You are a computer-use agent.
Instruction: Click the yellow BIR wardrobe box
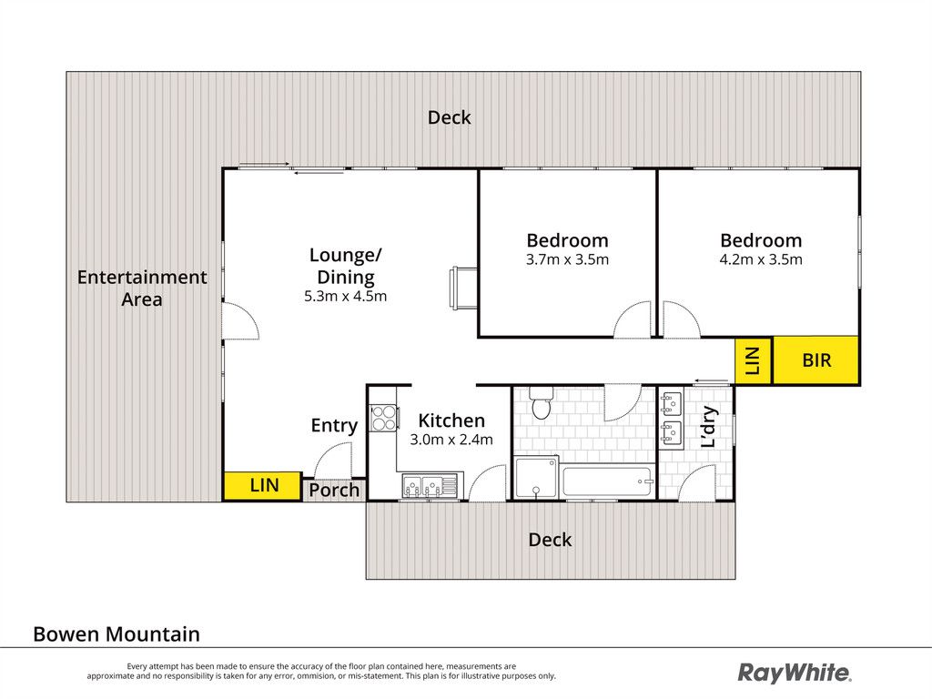pos(816,360)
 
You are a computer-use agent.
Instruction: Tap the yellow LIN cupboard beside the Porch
pos(262,486)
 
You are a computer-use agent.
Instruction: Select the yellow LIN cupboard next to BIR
pos(753,360)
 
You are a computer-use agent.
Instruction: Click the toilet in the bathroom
pos(541,403)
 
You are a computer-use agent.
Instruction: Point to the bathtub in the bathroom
pos(607,481)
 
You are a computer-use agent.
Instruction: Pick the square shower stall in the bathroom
pos(536,477)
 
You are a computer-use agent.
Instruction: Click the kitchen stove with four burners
pos(383,417)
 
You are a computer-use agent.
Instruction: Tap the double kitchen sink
pos(431,486)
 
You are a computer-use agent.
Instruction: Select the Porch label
pos(334,491)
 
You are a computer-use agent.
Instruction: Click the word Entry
pos(334,426)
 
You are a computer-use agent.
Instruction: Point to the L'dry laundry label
pos(708,427)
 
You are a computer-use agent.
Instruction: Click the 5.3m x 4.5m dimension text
pos(345,296)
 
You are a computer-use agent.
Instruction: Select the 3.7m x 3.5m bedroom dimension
pos(567,259)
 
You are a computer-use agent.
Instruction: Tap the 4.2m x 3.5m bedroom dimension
pos(761,259)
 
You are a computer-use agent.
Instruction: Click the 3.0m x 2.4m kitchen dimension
pos(451,440)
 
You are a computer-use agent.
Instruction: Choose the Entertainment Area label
pos(142,289)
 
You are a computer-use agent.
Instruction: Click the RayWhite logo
pos(794,673)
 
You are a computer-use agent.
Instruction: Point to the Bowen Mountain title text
pos(116,634)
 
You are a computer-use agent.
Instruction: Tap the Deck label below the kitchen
pos(550,540)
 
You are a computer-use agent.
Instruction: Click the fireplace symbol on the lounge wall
pos(463,289)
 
